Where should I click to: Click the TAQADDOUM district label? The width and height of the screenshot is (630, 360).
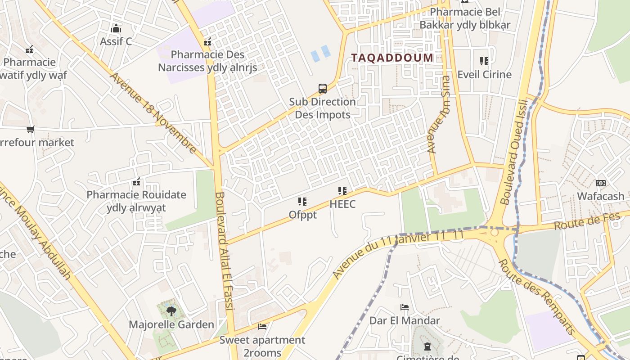coord(392,58)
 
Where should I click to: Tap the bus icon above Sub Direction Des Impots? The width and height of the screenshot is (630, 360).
coord(323,89)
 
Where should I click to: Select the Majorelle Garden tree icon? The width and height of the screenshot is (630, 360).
coord(171,311)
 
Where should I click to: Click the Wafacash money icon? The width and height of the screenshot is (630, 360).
coord(600,183)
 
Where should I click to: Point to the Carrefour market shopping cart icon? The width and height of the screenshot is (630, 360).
coord(30,130)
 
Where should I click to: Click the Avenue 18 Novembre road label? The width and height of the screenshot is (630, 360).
coord(153,113)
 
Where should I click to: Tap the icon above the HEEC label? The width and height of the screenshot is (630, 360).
coord(342,191)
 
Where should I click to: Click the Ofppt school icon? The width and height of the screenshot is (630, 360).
coord(302,202)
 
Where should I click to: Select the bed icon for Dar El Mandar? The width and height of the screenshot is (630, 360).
coord(405,307)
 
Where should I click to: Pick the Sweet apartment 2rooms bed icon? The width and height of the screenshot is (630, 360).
coord(262,326)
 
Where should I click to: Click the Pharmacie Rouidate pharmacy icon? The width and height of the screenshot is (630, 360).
coord(136,182)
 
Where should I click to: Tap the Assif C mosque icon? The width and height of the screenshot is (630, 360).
coord(116,28)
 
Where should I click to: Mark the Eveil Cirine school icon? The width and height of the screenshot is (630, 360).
coord(484,61)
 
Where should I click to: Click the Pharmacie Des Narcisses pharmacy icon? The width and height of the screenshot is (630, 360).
coord(207,42)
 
